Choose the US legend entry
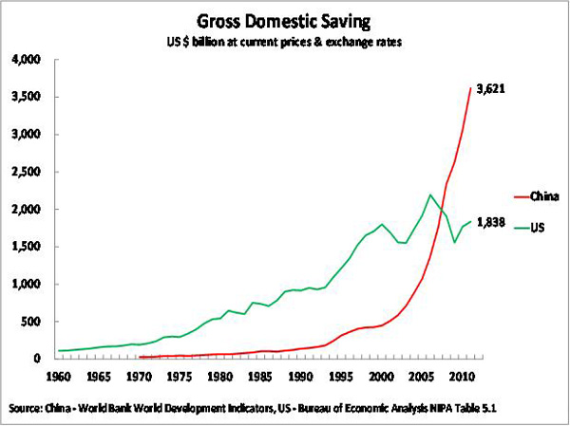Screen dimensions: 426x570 click(538, 229)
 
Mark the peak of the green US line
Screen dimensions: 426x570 click(430, 195)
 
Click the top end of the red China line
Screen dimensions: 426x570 click(469, 88)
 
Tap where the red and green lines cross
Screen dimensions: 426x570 click(444, 210)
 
